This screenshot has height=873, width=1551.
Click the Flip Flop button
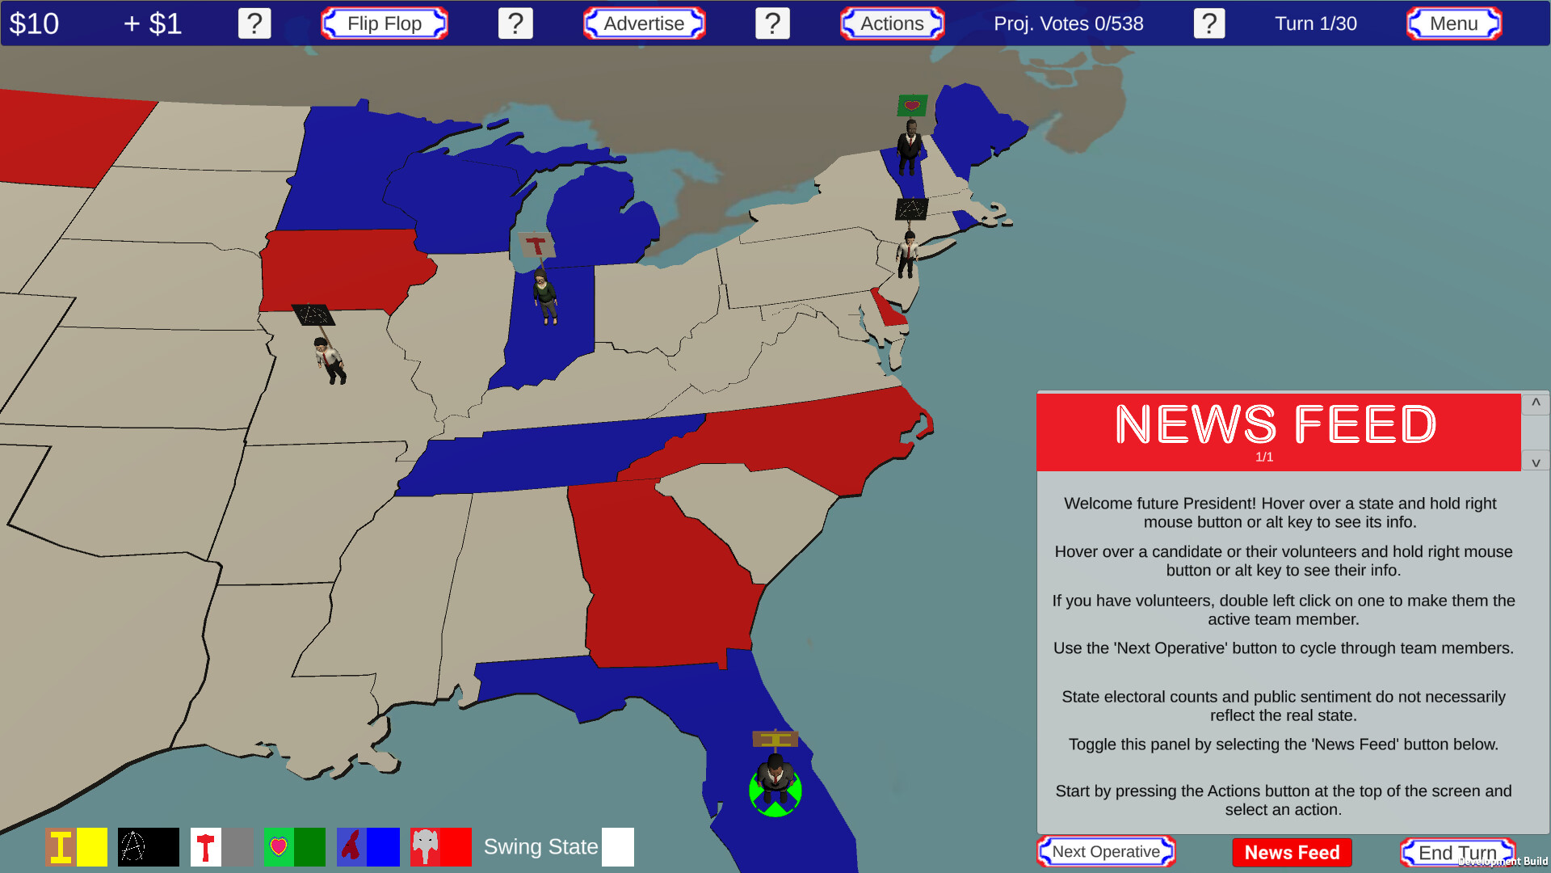pyautogui.click(x=385, y=23)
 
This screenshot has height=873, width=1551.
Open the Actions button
pyautogui.click(x=892, y=23)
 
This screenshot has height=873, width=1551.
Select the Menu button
pyautogui.click(x=1453, y=23)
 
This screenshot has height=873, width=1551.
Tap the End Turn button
pyautogui.click(x=1457, y=852)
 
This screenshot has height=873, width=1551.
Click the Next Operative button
pyautogui.click(x=1106, y=851)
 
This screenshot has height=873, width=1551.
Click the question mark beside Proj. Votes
pyautogui.click(x=1208, y=23)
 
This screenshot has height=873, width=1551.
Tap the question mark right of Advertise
pyautogui.click(x=772, y=23)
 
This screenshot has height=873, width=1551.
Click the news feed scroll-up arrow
pyautogui.click(x=1536, y=403)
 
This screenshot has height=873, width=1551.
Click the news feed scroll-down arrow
pyautogui.click(x=1536, y=462)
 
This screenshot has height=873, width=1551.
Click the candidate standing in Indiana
pyautogui.click(x=545, y=297)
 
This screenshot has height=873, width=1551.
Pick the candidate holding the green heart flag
pyautogui.click(x=910, y=147)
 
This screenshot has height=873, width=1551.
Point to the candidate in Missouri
pyautogui.click(x=329, y=360)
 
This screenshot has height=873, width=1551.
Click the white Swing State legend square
pyautogui.click(x=618, y=847)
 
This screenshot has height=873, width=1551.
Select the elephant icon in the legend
pyautogui.click(x=425, y=847)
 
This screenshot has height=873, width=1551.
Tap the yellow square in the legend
pyautogui.click(x=92, y=847)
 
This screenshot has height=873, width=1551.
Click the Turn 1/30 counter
pyautogui.click(x=1315, y=23)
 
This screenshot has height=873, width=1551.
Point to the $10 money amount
pyautogui.click(x=34, y=23)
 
